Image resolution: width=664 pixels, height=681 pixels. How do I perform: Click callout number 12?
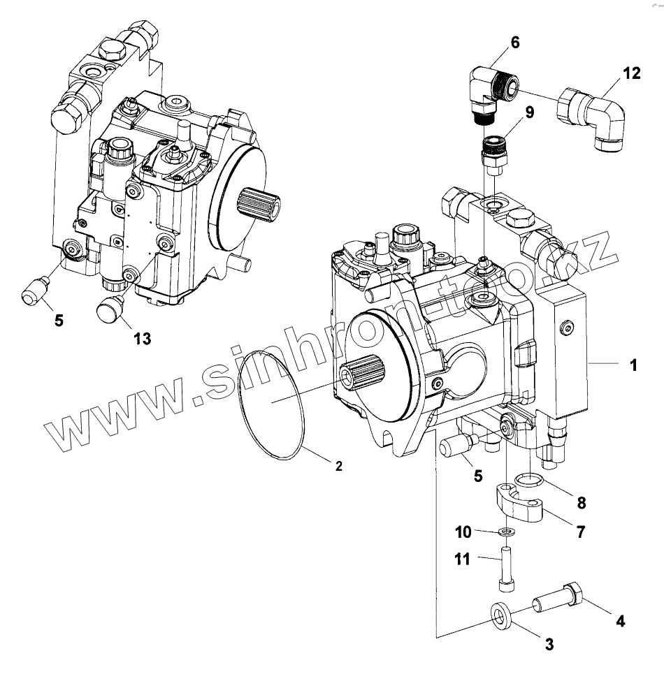(631, 73)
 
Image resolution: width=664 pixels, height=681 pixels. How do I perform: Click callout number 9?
(528, 112)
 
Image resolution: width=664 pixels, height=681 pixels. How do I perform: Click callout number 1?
(633, 365)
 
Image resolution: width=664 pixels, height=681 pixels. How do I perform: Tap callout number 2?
(338, 466)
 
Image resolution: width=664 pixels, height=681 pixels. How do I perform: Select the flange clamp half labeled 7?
(521, 504)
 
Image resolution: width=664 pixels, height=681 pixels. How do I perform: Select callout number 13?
(142, 338)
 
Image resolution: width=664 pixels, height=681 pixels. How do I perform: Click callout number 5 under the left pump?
(58, 321)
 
